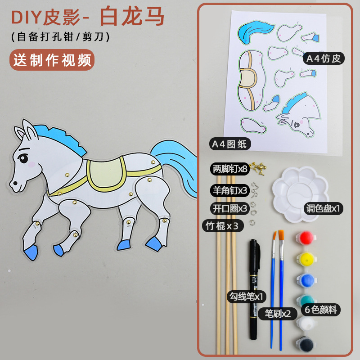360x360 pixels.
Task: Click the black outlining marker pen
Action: click(x=254, y=288)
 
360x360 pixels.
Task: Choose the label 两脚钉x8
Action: click(x=230, y=169)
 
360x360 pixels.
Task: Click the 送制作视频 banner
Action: click(x=52, y=60)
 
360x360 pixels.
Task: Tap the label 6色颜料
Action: click(x=321, y=309)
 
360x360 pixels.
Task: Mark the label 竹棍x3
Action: click(x=222, y=226)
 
